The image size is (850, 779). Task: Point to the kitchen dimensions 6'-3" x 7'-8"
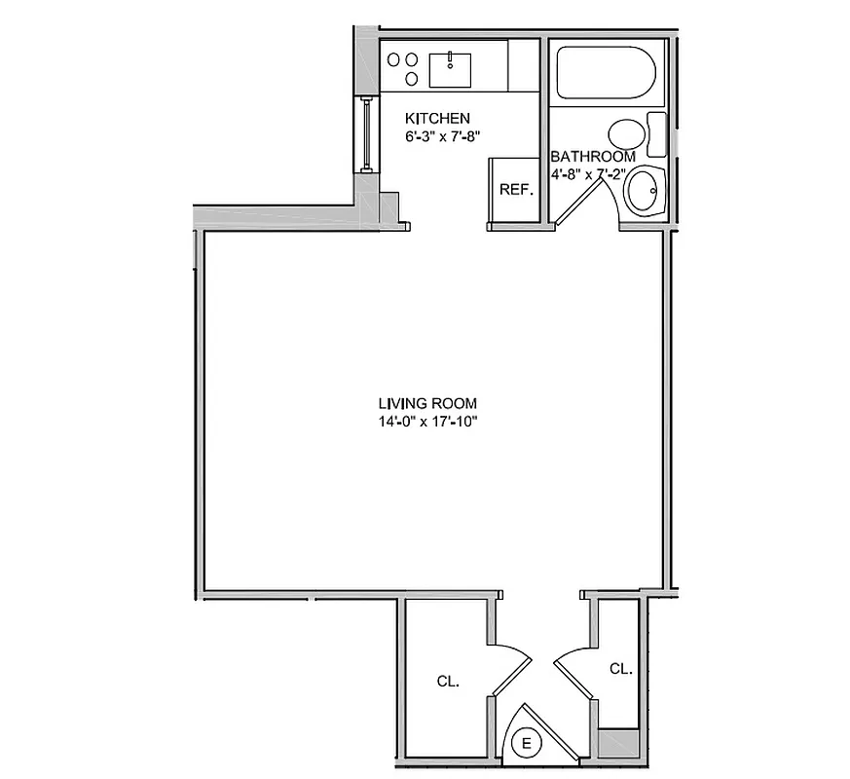444,137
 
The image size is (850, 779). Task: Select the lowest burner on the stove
411,79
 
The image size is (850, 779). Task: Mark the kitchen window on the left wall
366,133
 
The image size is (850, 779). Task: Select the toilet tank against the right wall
656,134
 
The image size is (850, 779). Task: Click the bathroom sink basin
643,193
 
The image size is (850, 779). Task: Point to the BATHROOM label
593,157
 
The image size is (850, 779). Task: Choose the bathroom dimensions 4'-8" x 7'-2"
593,175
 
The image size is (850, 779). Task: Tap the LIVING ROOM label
427,403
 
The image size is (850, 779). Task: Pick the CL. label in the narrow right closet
620,669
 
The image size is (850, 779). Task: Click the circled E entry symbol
528,744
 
